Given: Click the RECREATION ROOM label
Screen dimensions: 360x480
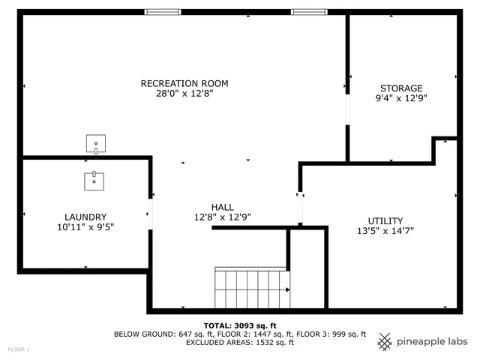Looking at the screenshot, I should [184, 83].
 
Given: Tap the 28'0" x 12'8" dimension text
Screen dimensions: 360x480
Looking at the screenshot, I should [184, 94].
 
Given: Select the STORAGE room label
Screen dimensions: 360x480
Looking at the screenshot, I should [401, 88].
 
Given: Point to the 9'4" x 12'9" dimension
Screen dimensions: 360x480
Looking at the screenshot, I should [401, 98].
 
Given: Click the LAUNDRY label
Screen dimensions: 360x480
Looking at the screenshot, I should [85, 216].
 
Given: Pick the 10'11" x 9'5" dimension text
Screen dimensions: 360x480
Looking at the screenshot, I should [85, 226].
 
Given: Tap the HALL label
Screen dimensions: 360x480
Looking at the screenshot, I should [222, 207].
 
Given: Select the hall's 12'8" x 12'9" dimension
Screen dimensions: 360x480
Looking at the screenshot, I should [222, 217].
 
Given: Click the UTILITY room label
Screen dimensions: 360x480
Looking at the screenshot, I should [385, 220].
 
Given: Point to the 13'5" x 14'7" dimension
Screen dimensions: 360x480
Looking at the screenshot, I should [385, 231].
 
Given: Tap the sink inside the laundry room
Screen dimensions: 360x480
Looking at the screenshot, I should [94, 181].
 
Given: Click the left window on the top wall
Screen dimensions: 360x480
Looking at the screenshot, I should [163, 12].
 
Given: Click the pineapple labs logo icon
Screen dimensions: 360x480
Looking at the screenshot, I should [385, 341].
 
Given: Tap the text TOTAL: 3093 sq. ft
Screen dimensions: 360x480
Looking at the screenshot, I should [240, 325].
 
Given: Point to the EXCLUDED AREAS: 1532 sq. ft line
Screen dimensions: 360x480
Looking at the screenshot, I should [240, 343].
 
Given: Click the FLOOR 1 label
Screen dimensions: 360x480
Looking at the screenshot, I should [19, 349].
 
